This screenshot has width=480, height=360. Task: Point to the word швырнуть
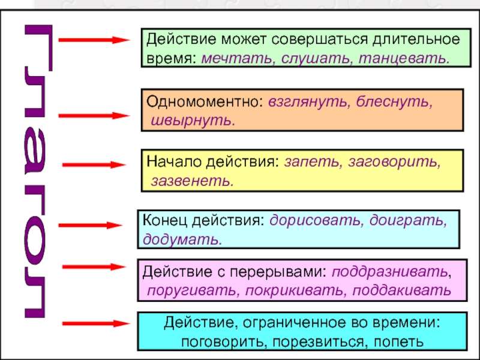[x=192, y=120]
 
